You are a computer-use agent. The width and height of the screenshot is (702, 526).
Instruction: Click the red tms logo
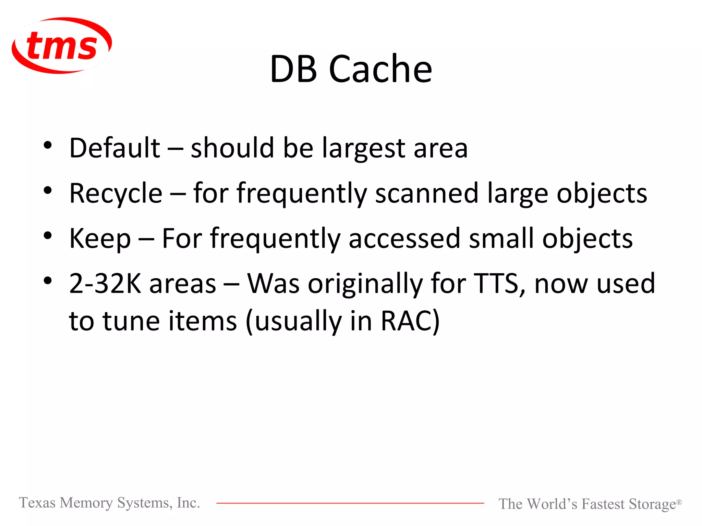click(62, 45)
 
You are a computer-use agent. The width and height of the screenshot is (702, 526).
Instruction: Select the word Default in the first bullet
click(114, 148)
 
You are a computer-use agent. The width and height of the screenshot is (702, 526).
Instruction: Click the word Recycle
click(116, 194)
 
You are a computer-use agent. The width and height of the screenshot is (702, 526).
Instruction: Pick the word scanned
click(426, 193)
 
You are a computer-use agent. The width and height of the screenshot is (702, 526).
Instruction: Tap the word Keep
click(100, 239)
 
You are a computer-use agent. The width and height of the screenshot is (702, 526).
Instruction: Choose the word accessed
click(404, 238)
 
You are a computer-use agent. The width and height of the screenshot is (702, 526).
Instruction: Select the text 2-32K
click(105, 284)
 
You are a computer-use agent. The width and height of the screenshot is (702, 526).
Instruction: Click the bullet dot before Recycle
click(48, 190)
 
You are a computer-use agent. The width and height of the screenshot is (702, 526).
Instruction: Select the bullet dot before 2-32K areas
click(48, 281)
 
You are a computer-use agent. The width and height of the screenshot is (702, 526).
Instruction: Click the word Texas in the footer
click(37, 503)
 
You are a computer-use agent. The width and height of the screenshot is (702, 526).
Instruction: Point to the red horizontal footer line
click(350, 503)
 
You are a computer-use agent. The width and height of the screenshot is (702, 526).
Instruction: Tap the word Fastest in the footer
click(603, 504)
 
